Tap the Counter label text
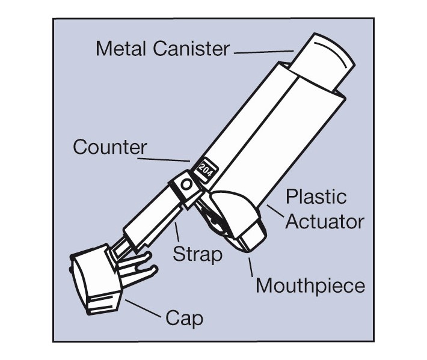point(110,147)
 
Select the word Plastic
point(316,197)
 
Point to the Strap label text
point(197,254)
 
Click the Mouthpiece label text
point(310,285)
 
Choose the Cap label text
point(184,317)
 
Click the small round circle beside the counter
point(187,184)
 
